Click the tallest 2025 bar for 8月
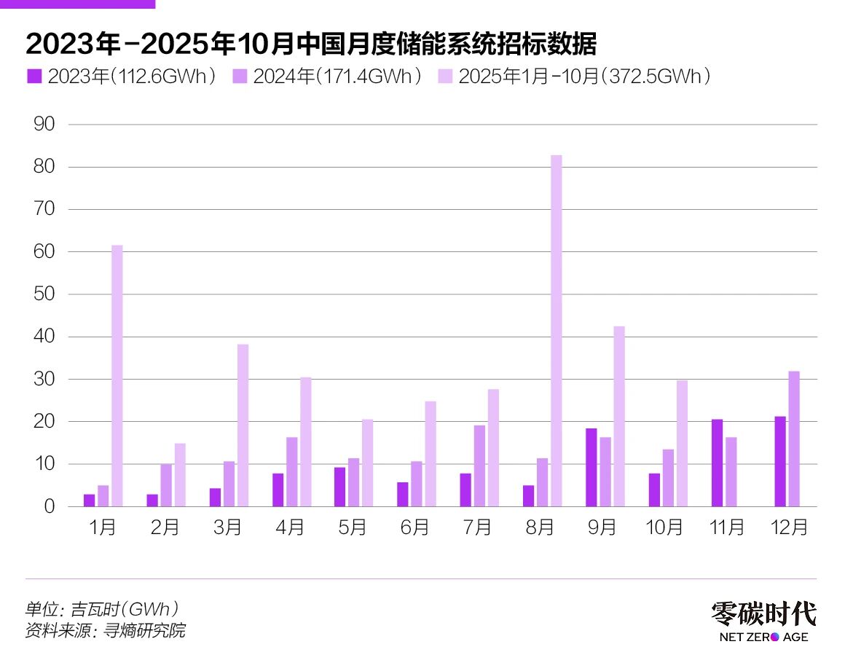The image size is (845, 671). click(x=556, y=331)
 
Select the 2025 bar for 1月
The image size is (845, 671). click(x=117, y=376)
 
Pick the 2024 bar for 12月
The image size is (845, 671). click(x=793, y=439)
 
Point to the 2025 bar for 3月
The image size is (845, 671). click(x=243, y=425)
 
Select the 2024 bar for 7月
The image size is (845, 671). click(x=479, y=466)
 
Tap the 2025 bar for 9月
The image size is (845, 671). click(x=618, y=416)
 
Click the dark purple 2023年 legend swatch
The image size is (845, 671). click(x=34, y=76)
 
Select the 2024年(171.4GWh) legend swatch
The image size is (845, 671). click(x=239, y=76)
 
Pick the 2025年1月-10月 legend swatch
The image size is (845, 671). click(x=444, y=76)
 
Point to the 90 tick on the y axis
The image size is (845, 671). click(x=45, y=125)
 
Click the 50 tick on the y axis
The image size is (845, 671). click(x=45, y=294)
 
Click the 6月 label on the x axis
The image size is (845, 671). click(x=415, y=527)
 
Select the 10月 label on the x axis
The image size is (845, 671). click(x=664, y=527)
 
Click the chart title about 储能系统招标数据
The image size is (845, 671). click(x=311, y=44)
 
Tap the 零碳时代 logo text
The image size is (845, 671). click(x=763, y=614)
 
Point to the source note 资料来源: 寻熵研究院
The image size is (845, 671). click(x=106, y=630)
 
